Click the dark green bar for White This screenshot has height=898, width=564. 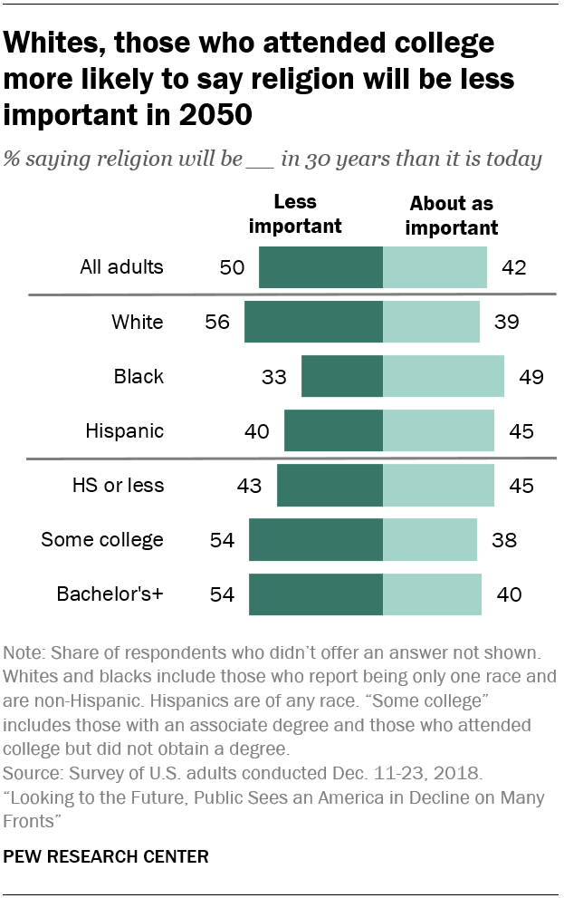313,322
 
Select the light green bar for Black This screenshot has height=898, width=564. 443,376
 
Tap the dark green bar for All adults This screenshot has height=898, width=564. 320,267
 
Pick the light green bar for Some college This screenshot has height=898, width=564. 429,540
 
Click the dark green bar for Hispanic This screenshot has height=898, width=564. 333,430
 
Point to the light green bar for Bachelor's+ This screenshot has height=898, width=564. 432,594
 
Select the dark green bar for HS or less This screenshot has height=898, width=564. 330,486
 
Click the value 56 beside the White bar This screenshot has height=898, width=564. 218,323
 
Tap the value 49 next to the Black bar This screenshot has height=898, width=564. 531,377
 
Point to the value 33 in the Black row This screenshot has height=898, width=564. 274,377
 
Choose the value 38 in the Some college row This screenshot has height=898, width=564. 504,541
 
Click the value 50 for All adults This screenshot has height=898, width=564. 232,268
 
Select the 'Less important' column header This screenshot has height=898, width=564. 294,214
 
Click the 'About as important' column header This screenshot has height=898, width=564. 451,215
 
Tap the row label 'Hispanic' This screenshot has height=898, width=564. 125,430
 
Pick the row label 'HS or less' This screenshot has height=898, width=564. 118,486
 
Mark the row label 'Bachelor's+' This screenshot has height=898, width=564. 110,594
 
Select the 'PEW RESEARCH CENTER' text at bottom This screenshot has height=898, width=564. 106,856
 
